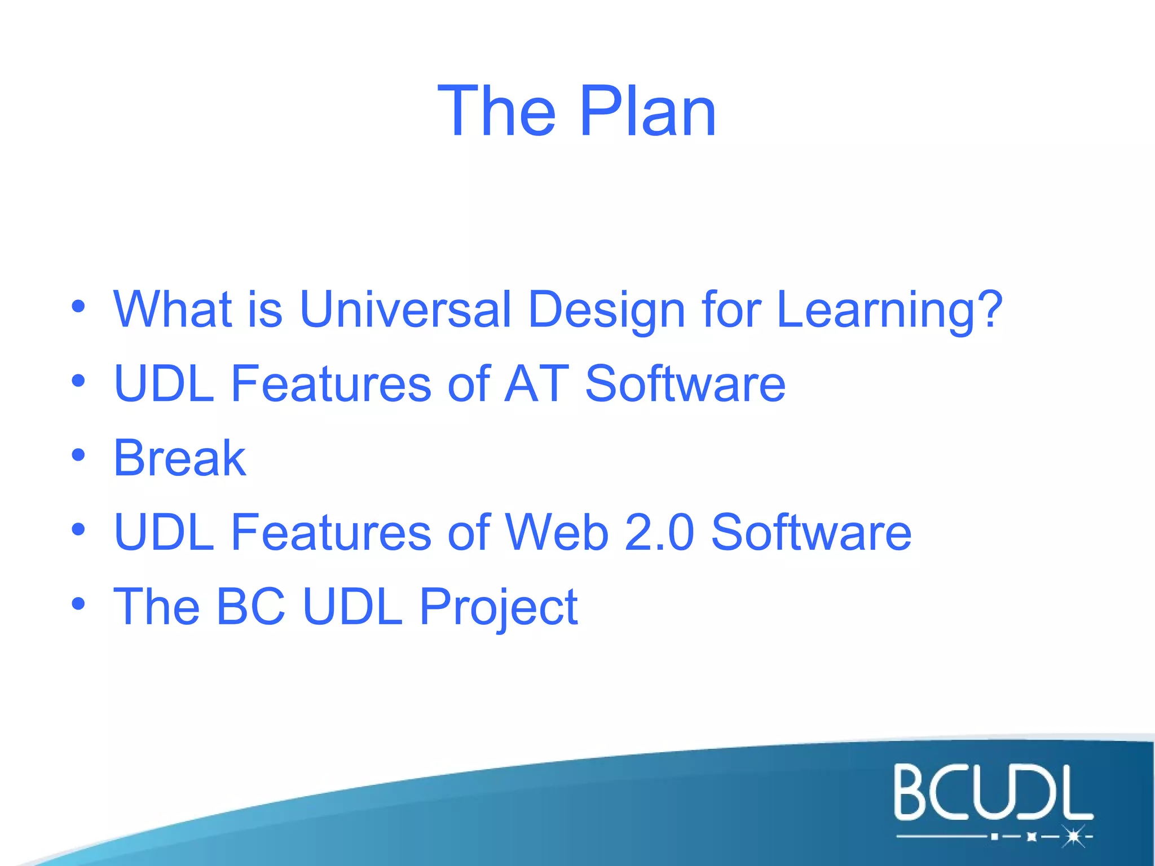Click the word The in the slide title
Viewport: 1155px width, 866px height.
(x=496, y=111)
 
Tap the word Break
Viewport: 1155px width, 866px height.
(x=179, y=458)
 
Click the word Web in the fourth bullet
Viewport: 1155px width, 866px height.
(x=557, y=532)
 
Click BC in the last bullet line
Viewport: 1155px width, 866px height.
(x=250, y=607)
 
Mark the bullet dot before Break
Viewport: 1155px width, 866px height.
(x=78, y=455)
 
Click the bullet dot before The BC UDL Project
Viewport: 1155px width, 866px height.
(x=78, y=604)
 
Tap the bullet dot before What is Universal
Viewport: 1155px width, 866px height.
(x=78, y=307)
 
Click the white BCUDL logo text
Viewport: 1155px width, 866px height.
(x=993, y=792)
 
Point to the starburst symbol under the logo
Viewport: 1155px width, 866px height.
(x=1073, y=837)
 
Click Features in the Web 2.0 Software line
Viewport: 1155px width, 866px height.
(x=331, y=532)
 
